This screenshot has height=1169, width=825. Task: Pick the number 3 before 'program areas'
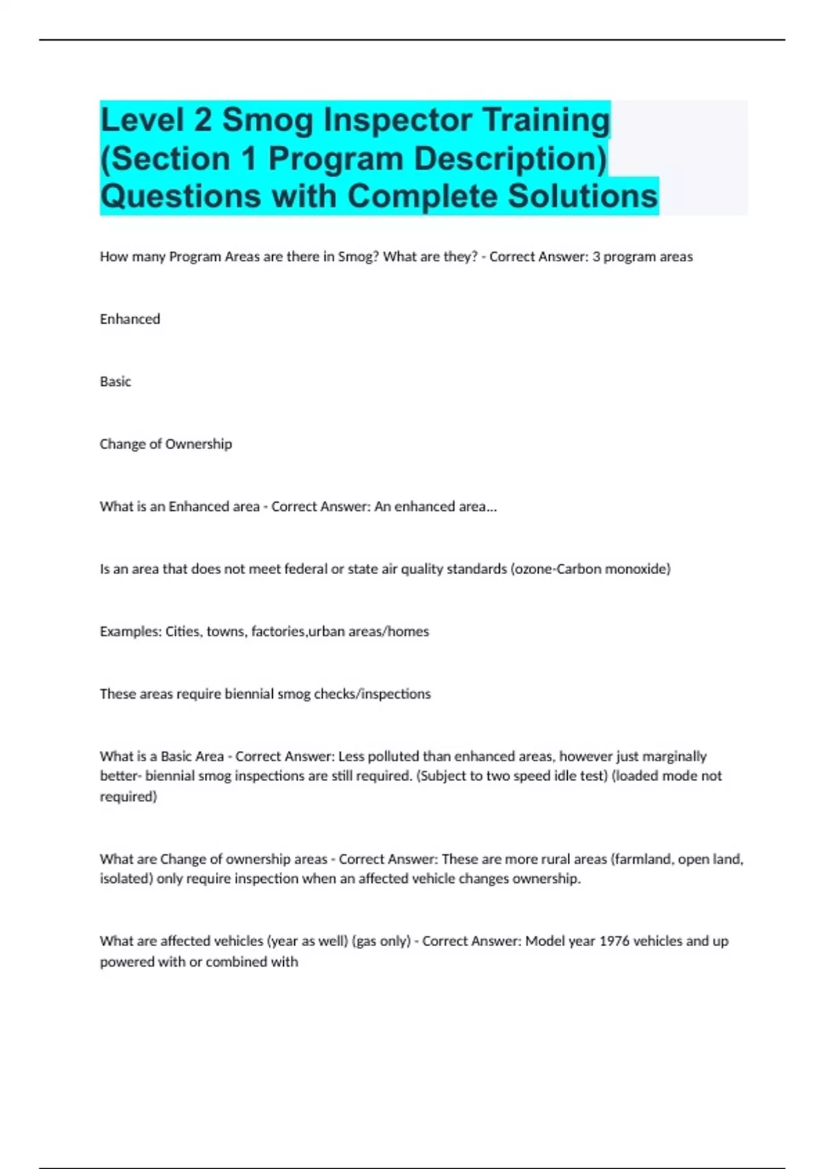pyautogui.click(x=596, y=256)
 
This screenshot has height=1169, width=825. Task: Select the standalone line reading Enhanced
pyautogui.click(x=130, y=319)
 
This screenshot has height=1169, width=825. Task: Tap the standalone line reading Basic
pyautogui.click(x=115, y=382)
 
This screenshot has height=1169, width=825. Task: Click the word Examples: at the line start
pyautogui.click(x=130, y=631)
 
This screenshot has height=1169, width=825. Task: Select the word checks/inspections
pyautogui.click(x=372, y=694)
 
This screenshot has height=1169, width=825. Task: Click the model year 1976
pyautogui.click(x=614, y=941)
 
